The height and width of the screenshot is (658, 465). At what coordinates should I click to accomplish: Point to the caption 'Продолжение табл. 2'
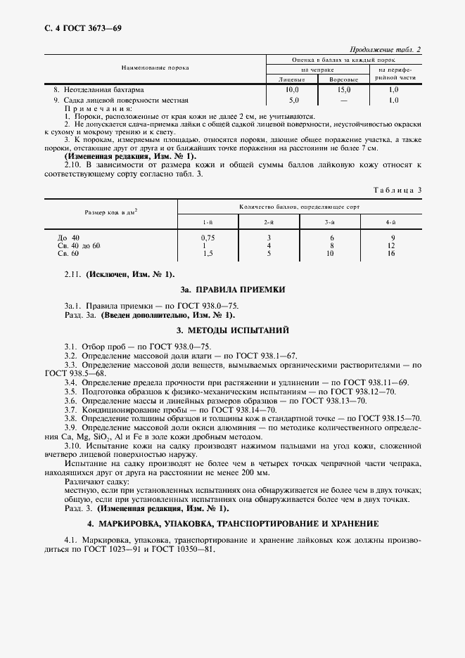[x=385, y=51]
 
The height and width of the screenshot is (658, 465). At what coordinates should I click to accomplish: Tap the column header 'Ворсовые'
[x=344, y=80]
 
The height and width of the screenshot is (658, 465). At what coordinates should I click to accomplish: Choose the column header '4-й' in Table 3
[x=390, y=222]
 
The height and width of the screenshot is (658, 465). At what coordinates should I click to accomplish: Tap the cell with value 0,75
[x=208, y=238]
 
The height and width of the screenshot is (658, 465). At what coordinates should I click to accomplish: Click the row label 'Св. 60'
[x=68, y=253]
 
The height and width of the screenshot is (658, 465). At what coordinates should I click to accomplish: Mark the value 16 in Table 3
[x=390, y=253]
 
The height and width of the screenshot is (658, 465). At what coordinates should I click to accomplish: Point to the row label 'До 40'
[x=68, y=238]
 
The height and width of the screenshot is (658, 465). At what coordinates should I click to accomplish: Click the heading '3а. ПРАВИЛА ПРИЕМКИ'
[x=232, y=289]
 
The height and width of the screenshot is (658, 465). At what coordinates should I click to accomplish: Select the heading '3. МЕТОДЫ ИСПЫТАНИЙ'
[x=232, y=330]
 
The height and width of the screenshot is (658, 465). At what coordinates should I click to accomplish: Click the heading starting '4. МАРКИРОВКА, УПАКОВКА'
[x=232, y=524]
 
